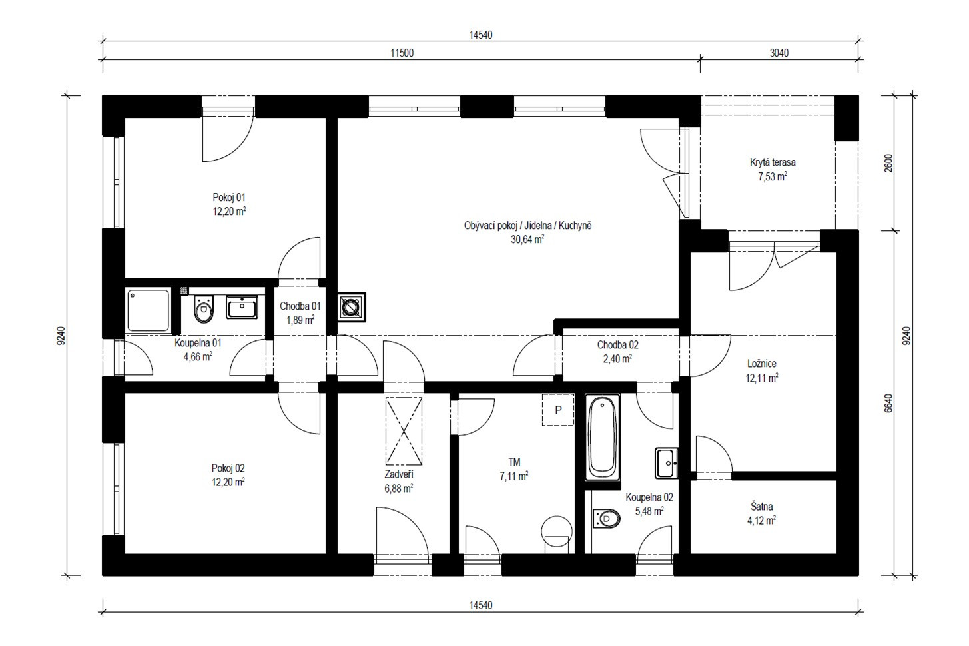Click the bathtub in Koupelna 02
(x=602, y=437)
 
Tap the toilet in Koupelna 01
(x=204, y=309)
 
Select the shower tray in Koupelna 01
(x=149, y=310)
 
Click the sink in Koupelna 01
(x=242, y=307)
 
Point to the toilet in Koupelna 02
(x=607, y=518)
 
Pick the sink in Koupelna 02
(x=666, y=463)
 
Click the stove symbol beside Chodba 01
(x=351, y=307)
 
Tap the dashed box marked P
(x=558, y=410)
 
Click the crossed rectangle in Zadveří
(x=404, y=431)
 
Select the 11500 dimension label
(x=402, y=53)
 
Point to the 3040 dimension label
(x=779, y=53)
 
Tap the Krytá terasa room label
(x=773, y=162)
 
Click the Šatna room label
(x=761, y=507)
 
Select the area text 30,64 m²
(x=527, y=239)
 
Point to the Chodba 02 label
(x=618, y=345)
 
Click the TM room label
(x=514, y=462)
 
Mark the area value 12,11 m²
(x=762, y=378)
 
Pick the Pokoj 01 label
(x=229, y=198)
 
